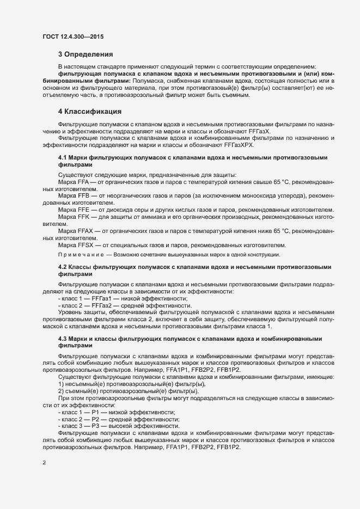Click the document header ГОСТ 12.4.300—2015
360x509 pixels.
pyautogui.click(x=73, y=36)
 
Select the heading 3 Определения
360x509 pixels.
pyautogui.click(x=86, y=54)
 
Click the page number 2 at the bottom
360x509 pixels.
pyautogui.click(x=44, y=463)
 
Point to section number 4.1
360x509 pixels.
pyautogui.click(x=62, y=157)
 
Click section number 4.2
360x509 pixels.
pyautogui.click(x=62, y=268)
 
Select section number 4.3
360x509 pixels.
pyautogui.click(x=62, y=339)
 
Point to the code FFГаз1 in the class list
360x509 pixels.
pyautogui.click(x=104, y=299)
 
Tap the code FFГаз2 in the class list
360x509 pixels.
pyautogui.click(x=104, y=306)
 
